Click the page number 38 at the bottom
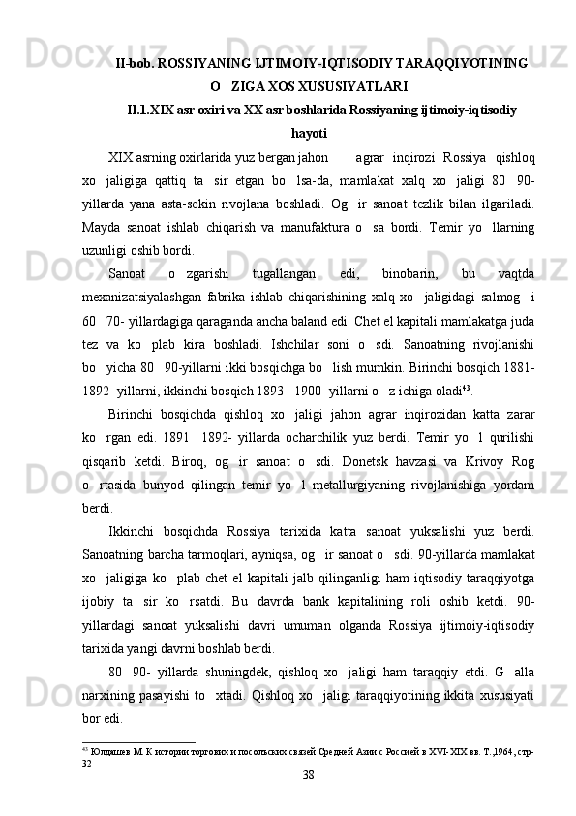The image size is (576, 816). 308,774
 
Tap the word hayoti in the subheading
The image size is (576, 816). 309,132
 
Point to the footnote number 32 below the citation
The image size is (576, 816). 87,762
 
